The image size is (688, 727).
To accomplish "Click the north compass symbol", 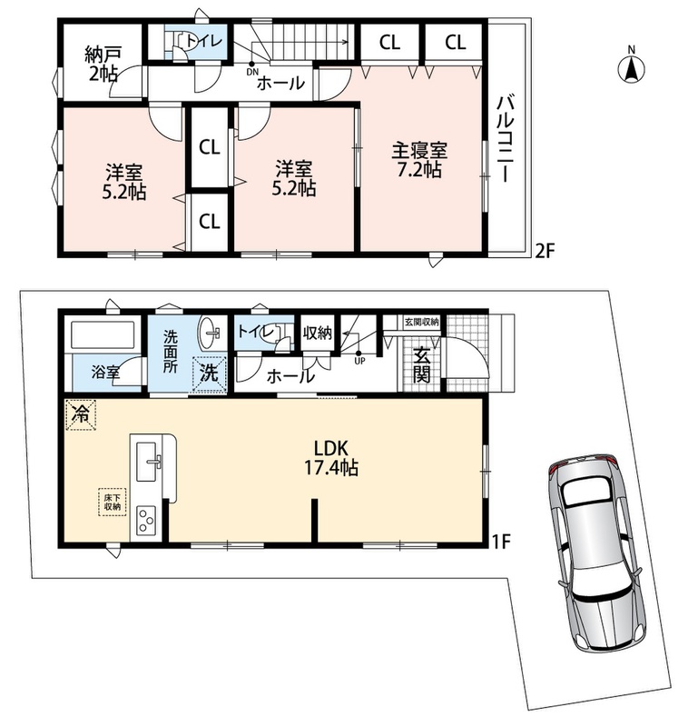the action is [x=631, y=66].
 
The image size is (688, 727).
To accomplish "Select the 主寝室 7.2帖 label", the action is [x=419, y=160].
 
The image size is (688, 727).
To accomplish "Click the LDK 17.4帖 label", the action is [x=330, y=458].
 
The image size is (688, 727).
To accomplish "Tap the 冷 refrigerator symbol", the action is [x=81, y=415].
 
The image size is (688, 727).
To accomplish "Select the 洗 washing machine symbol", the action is [x=210, y=373].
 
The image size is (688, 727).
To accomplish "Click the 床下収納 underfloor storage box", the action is [x=112, y=503].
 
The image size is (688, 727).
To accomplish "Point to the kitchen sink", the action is [x=147, y=462].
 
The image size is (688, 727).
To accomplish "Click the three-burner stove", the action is [x=146, y=521].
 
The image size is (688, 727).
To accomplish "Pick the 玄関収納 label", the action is [x=421, y=322].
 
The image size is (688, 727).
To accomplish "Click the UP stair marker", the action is [x=359, y=357].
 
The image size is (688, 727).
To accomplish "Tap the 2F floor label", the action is [x=545, y=251].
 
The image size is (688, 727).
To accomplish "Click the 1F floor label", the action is [x=501, y=541].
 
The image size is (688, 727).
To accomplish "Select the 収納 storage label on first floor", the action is [x=318, y=332].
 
